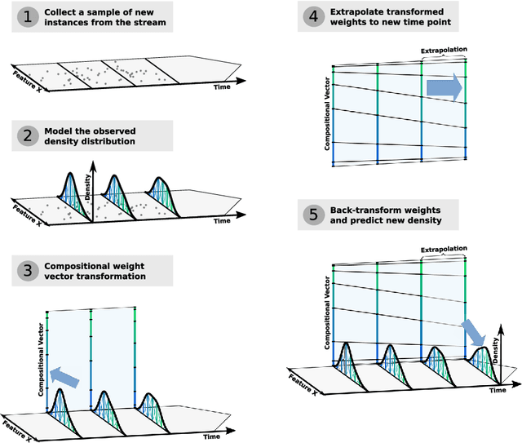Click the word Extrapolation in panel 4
coord(444,51)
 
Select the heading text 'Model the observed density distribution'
coord(100,136)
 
